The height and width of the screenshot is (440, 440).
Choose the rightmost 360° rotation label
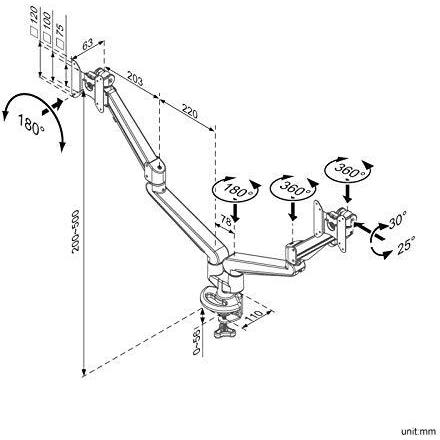tap(349, 170)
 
